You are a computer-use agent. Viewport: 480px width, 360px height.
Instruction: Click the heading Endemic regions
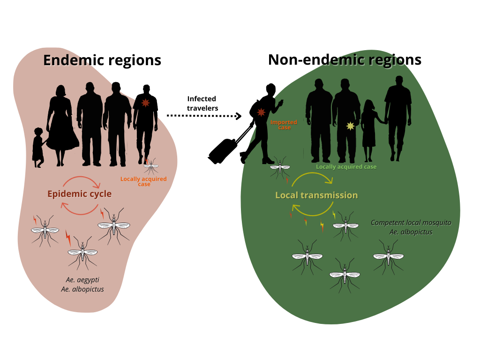coord(102,60)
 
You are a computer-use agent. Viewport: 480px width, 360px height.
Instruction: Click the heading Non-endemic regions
coord(345,60)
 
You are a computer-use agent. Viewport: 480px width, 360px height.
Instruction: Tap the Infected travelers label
coord(202,103)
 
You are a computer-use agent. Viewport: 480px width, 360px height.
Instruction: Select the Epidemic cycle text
coord(79,194)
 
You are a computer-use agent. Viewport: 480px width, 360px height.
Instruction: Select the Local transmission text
coord(316,195)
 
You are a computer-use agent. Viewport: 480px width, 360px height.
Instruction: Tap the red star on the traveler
coord(261,112)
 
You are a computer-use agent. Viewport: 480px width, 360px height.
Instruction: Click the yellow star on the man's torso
coord(350,126)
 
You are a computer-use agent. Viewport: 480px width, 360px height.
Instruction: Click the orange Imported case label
coord(284,125)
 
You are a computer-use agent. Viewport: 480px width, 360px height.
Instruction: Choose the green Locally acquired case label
coord(346,167)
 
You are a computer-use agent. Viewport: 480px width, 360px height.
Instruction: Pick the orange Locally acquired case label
coord(143,181)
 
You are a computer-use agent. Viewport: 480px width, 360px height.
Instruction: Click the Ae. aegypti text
coord(82,280)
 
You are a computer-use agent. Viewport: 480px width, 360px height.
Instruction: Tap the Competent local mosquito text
coord(411,223)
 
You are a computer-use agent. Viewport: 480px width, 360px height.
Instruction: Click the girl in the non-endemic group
coord(369,129)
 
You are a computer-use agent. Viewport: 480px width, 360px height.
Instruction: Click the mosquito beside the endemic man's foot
coord(151,165)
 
